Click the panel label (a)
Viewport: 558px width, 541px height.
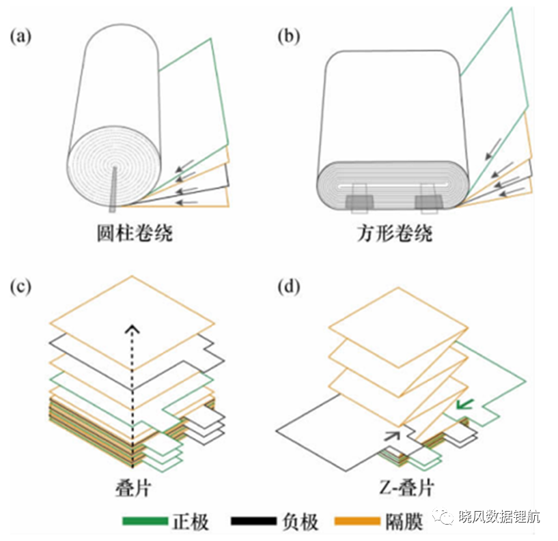[x=20, y=37]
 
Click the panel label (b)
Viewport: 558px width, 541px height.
[x=289, y=37]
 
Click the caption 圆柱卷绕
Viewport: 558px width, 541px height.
[x=135, y=233]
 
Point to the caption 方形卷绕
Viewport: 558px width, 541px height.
[x=395, y=233]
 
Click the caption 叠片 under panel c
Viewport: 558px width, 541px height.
[x=133, y=487]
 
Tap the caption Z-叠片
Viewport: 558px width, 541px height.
[x=406, y=487]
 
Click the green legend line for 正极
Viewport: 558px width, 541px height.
[x=145, y=521]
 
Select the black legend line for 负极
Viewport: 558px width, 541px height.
[x=253, y=521]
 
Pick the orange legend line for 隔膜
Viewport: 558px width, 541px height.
[x=357, y=521]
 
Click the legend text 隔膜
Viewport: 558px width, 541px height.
[x=404, y=522]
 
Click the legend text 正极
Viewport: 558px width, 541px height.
[x=191, y=522]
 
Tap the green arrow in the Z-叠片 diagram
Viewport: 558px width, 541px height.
[x=464, y=404]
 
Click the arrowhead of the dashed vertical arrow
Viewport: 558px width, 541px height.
[x=132, y=329]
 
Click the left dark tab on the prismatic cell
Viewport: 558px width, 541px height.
[x=359, y=202]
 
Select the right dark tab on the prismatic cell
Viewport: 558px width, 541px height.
[x=429, y=202]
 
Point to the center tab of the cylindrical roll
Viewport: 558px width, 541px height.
[x=113, y=189]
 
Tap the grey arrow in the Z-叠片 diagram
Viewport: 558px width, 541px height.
[x=392, y=436]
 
